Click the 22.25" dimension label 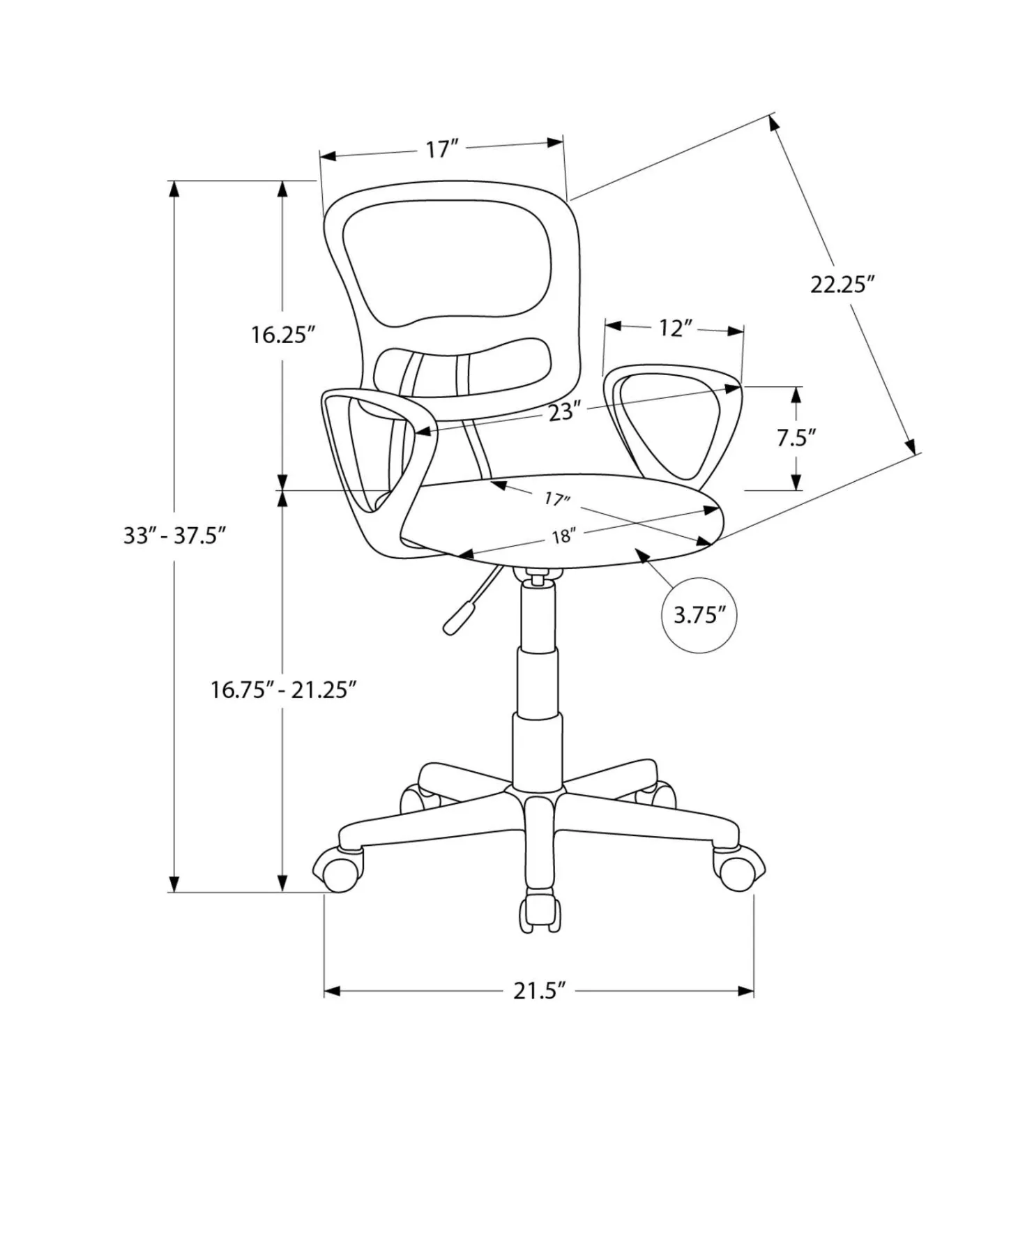pos(842,285)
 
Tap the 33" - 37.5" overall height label pos(174,536)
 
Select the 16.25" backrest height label pos(283,335)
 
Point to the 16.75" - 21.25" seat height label pos(284,690)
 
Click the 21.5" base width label pos(538,990)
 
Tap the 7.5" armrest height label pos(796,438)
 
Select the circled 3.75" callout pos(699,615)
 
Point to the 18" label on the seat pos(562,536)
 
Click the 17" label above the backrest pos(442,149)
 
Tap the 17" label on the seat pos(557,499)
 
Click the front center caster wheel pos(540,911)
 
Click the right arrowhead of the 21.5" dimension pos(745,990)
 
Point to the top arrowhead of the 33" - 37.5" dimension pos(174,190)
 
